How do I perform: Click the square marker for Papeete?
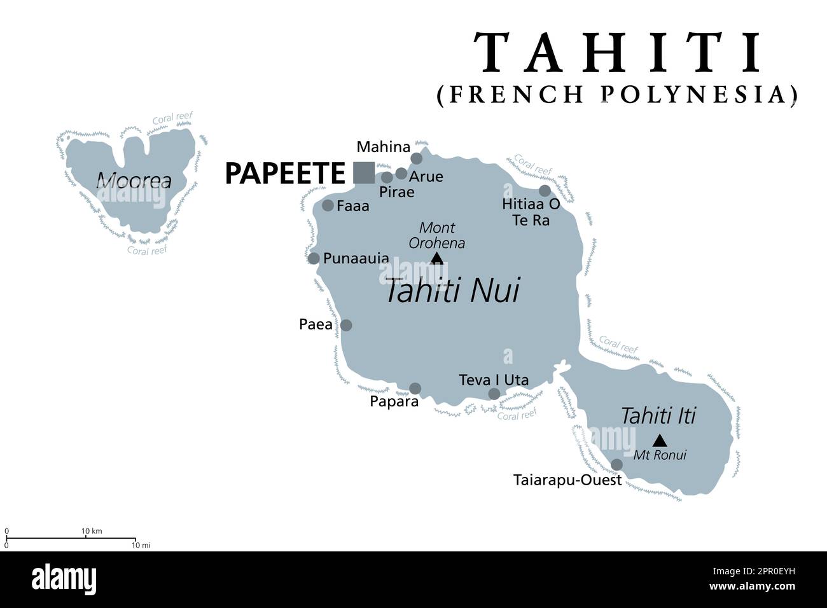pyautogui.click(x=364, y=173)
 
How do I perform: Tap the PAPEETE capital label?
pyautogui.click(x=284, y=174)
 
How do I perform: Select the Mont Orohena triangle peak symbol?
pyautogui.click(x=436, y=258)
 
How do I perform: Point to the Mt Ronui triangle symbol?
pyautogui.click(x=660, y=439)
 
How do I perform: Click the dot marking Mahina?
pyautogui.click(x=416, y=158)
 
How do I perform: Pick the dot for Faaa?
pyautogui.click(x=328, y=205)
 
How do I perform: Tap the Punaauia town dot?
pyautogui.click(x=314, y=258)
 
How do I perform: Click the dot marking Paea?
pyautogui.click(x=346, y=325)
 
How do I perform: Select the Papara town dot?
pyautogui.click(x=415, y=388)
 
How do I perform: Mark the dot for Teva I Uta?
pyautogui.click(x=494, y=394)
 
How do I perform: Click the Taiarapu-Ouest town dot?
pyautogui.click(x=616, y=464)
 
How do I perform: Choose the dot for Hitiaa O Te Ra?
pyautogui.click(x=545, y=191)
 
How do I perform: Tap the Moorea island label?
pyautogui.click(x=134, y=181)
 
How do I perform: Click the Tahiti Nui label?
pyautogui.click(x=452, y=291)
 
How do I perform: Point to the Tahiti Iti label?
pyautogui.click(x=658, y=416)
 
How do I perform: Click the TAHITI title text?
pyautogui.click(x=619, y=52)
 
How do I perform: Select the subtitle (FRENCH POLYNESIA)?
pyautogui.click(x=617, y=94)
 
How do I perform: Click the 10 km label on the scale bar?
pyautogui.click(x=92, y=531)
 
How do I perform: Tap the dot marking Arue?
pyautogui.click(x=401, y=174)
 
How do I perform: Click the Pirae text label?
pyautogui.click(x=396, y=192)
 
